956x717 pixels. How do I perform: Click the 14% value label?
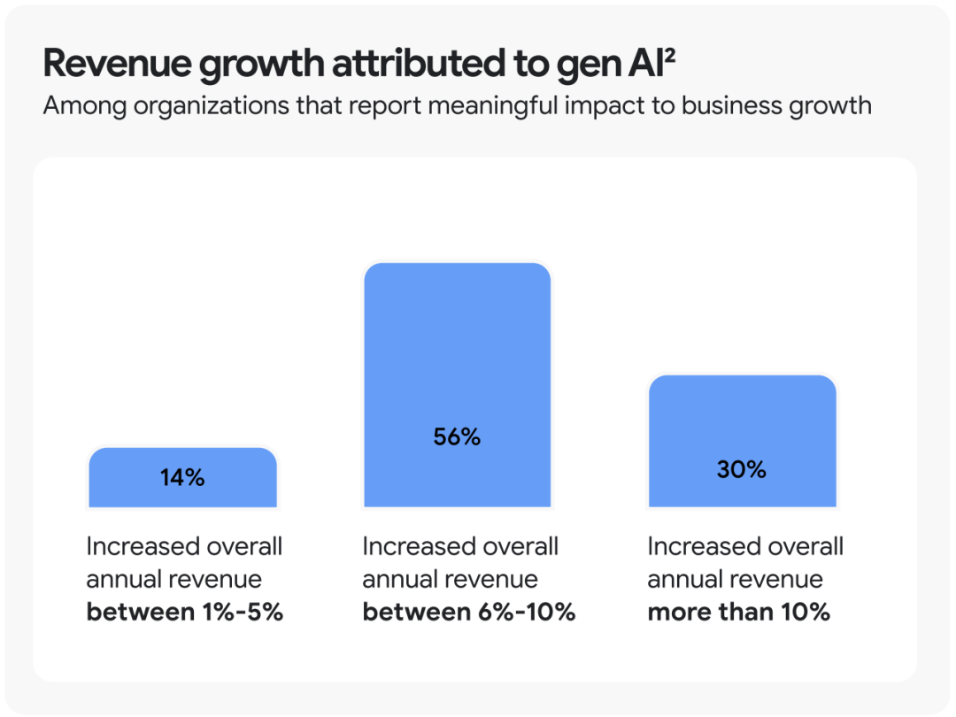182,478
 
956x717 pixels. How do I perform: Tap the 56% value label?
457,436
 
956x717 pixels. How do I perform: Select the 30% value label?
742,469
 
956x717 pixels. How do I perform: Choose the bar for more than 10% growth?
742,425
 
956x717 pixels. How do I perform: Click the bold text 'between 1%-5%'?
184,612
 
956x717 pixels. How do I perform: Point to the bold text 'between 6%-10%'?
469,612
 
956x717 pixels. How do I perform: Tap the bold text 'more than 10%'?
739,612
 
